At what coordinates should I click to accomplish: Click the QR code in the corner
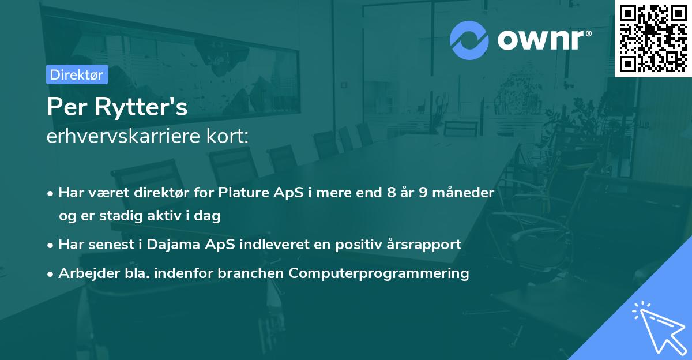click(x=653, y=38)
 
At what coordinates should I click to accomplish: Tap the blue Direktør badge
click(x=77, y=74)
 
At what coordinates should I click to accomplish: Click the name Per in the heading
click(x=64, y=107)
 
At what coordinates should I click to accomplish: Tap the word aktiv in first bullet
click(x=167, y=216)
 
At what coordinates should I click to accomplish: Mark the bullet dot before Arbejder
click(x=51, y=274)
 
